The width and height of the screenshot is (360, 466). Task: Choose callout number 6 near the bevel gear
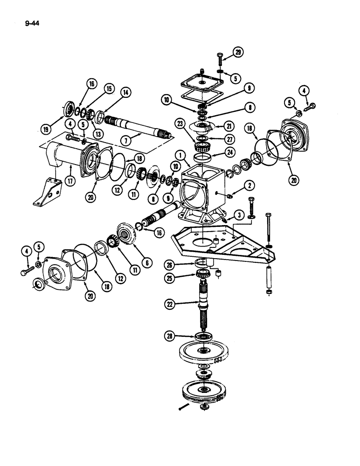coord(148,263)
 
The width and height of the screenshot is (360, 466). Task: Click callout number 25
coord(171,279)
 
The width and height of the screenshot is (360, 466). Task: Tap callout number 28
coord(171,335)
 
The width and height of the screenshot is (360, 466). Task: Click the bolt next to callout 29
coord(220,61)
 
